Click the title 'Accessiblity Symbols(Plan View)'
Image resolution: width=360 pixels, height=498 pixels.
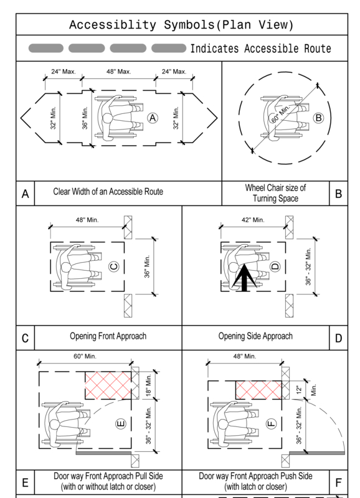(181, 25)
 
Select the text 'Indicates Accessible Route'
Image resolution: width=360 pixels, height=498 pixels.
(260, 49)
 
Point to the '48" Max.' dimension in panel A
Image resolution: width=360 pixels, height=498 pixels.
(118, 72)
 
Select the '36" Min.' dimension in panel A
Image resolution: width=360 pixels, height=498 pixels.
(86, 116)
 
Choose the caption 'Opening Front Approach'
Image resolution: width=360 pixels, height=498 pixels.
(108, 336)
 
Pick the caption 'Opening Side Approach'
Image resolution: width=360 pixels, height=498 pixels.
(255, 336)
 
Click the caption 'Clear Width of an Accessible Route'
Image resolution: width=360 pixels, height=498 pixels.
(108, 192)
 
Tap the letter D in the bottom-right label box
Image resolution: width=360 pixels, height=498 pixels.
(338, 339)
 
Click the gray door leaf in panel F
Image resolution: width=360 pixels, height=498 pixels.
(318, 451)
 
